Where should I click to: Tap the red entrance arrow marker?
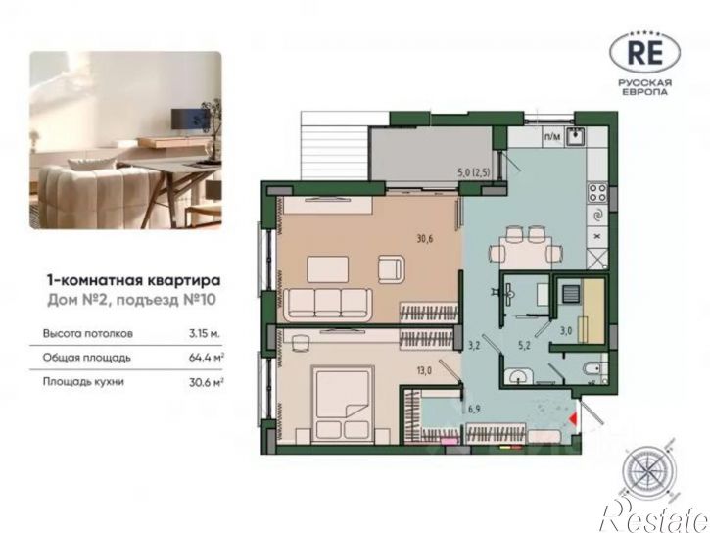pyautogui.click(x=574, y=418)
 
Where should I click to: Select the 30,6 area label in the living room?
pyautogui.click(x=425, y=238)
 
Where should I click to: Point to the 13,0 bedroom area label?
pyautogui.click(x=423, y=371)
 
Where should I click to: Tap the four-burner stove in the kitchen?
pyautogui.click(x=597, y=192)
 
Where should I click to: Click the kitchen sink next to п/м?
pyautogui.click(x=575, y=136)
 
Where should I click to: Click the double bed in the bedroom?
pyautogui.click(x=343, y=403)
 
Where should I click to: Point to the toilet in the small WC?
pyautogui.click(x=593, y=369)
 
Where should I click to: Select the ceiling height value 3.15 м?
pyautogui.click(x=205, y=334)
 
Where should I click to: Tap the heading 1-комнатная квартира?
pyautogui.click(x=134, y=281)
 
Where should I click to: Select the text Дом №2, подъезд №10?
pyautogui.click(x=132, y=300)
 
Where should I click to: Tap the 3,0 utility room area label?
pyautogui.click(x=566, y=331)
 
